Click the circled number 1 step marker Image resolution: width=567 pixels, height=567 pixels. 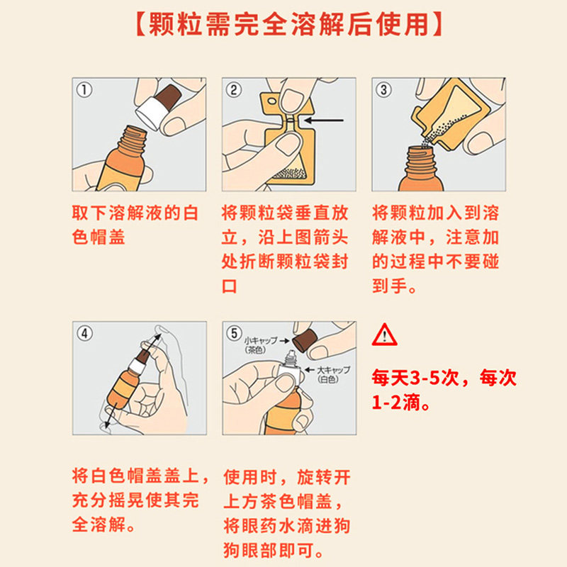click(84, 90)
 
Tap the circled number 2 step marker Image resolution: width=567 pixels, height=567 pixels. click(234, 90)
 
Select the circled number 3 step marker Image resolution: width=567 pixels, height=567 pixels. click(383, 90)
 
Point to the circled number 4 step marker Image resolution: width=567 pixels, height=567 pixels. click(84, 333)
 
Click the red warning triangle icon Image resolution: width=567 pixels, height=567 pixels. click(385, 334)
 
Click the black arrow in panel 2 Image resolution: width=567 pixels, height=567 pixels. click(326, 120)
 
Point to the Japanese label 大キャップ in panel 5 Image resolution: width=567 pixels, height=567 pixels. click(328, 370)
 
